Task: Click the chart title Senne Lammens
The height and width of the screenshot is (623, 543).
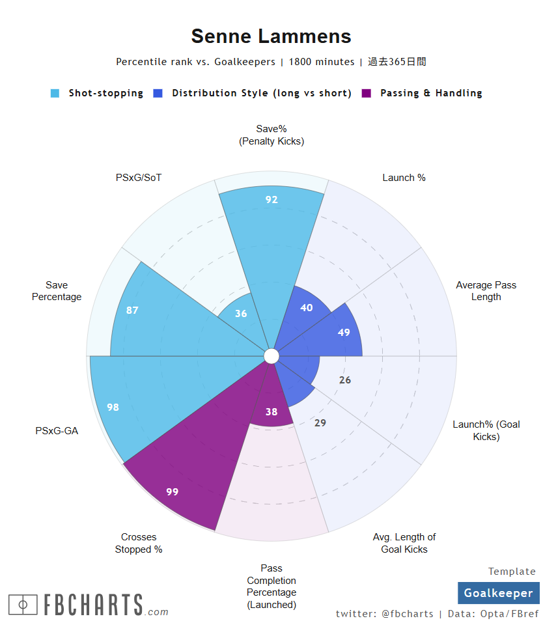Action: click(x=271, y=36)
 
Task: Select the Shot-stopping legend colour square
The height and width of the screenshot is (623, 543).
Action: click(x=55, y=93)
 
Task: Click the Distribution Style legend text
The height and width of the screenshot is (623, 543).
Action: click(x=261, y=93)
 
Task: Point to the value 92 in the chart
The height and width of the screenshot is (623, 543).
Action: click(x=271, y=200)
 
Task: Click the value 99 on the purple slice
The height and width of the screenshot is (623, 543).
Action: click(x=172, y=492)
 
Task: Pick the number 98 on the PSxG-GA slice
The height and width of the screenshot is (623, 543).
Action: click(x=113, y=408)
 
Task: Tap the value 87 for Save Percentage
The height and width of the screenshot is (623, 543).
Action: click(x=132, y=311)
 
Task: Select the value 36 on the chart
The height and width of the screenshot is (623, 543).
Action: click(x=241, y=314)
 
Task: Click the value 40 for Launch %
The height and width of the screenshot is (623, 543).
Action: click(x=306, y=308)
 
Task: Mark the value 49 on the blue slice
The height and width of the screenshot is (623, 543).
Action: click(x=344, y=333)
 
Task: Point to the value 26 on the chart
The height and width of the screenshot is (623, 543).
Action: click(x=345, y=380)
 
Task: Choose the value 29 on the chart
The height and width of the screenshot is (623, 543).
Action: click(x=320, y=423)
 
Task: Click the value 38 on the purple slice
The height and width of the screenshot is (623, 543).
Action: click(x=271, y=412)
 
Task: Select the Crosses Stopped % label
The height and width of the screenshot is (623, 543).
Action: click(x=139, y=543)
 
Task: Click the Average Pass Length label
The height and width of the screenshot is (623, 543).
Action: click(x=486, y=291)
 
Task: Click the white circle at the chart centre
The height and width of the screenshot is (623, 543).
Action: click(x=271, y=356)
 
